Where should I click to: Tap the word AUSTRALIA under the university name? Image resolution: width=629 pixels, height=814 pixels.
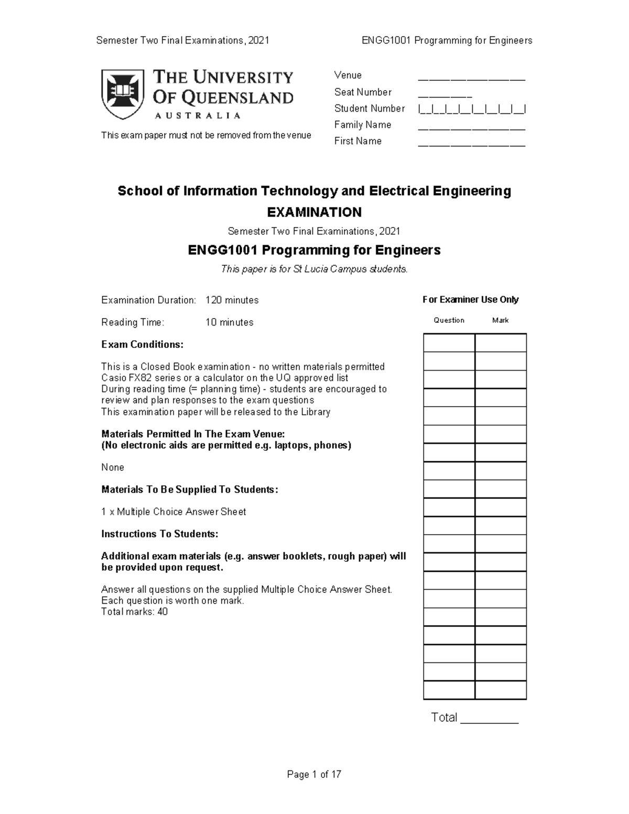197,115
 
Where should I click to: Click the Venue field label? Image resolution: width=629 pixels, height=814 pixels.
348,75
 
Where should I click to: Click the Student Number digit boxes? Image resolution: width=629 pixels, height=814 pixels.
472,109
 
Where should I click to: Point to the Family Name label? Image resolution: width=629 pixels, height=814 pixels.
363,125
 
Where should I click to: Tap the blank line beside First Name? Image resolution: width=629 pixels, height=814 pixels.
471,143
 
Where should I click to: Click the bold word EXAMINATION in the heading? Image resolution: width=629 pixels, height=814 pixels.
314,212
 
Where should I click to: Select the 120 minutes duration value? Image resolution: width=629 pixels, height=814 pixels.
232,300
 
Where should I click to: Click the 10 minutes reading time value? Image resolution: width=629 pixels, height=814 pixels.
229,322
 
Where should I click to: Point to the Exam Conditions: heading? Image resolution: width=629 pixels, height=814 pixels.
142,344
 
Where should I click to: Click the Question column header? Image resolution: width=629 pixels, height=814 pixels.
449,320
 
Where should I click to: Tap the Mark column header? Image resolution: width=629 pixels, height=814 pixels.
500,320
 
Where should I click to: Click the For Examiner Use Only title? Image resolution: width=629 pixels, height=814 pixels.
470,300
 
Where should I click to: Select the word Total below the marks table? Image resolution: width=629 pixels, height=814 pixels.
444,718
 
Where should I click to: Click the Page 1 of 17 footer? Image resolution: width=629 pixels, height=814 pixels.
314,774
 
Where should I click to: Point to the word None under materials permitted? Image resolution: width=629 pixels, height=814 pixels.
113,468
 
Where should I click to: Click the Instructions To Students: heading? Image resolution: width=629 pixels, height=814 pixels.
159,534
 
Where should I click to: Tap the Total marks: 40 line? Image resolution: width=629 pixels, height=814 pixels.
134,612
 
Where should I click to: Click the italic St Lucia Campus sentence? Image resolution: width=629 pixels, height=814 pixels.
314,269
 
